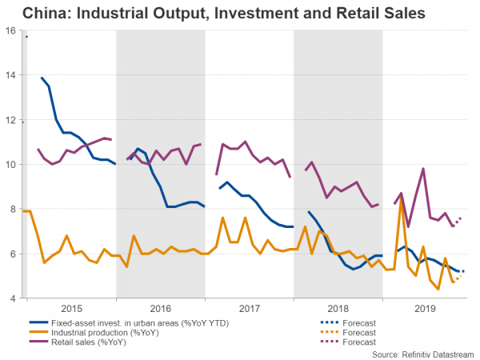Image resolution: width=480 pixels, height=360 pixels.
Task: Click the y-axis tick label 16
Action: [x=11, y=30]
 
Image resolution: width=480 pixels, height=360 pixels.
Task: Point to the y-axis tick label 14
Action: [x=11, y=75]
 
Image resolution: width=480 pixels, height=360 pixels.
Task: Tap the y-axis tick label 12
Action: [x=11, y=120]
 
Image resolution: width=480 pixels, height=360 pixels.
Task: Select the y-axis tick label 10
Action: [x=11, y=165]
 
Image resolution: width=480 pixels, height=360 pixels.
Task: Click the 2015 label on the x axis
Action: [x=71, y=307]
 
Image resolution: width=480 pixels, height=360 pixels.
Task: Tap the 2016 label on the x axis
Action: [x=160, y=307]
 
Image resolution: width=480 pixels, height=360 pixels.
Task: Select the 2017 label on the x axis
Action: [x=249, y=307]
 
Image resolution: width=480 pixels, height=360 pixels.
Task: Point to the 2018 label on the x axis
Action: [x=338, y=307]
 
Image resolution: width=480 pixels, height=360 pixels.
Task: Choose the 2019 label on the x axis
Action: [x=424, y=307]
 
